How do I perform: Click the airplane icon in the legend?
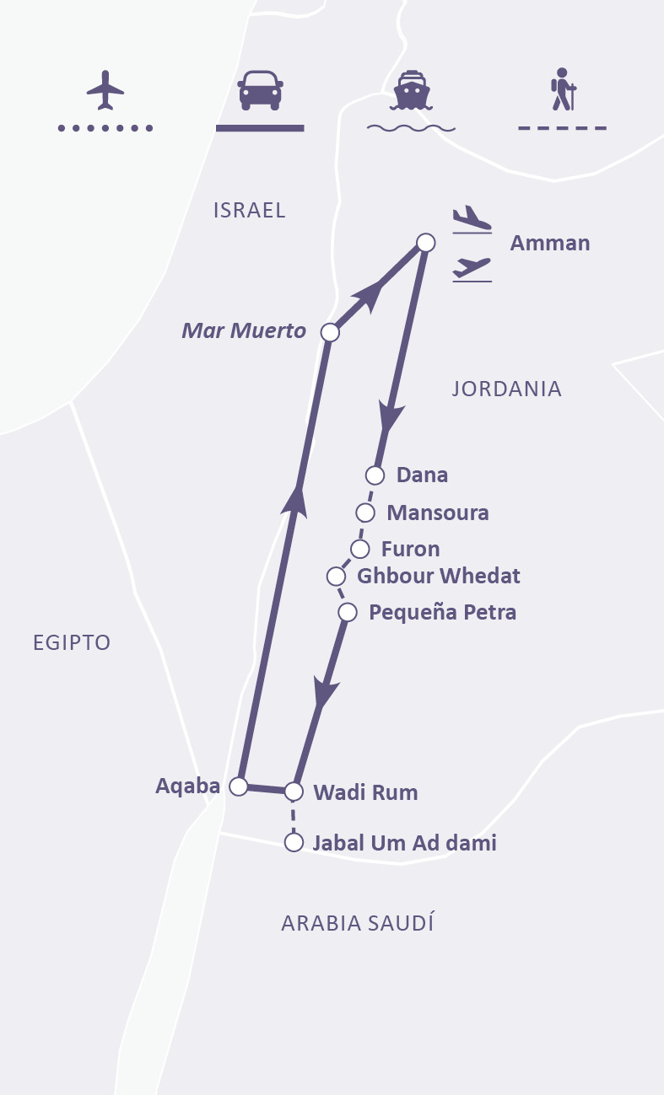click(x=105, y=89)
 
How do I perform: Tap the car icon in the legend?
click(x=260, y=89)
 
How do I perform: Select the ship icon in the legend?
click(x=411, y=90)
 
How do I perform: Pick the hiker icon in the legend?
click(x=563, y=89)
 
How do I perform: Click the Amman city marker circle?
click(x=426, y=243)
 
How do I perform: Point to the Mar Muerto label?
click(x=244, y=331)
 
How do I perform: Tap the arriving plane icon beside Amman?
click(x=472, y=218)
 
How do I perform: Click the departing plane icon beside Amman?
click(x=472, y=268)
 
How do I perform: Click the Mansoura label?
click(x=437, y=513)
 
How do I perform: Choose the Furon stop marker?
click(x=360, y=549)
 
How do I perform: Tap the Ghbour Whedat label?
click(x=438, y=577)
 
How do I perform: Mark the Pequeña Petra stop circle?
click(x=348, y=612)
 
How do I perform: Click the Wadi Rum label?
click(x=365, y=792)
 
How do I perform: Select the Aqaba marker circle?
click(x=239, y=786)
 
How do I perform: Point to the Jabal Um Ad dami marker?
click(x=294, y=842)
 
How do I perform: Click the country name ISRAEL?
click(x=250, y=210)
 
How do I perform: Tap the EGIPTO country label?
click(x=72, y=642)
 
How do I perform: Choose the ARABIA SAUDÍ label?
click(x=357, y=923)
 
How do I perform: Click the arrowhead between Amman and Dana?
click(x=391, y=416)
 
